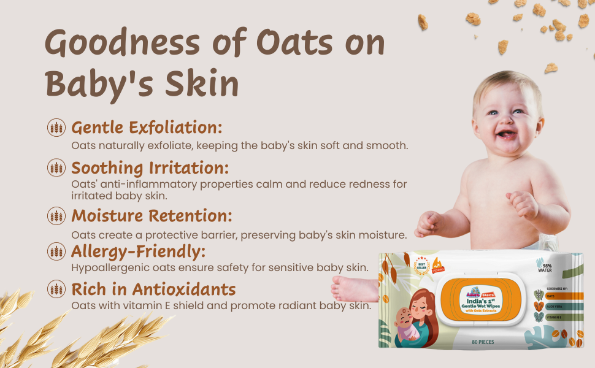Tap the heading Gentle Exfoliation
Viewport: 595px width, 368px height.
147,128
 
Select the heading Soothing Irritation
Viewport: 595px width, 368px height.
150,167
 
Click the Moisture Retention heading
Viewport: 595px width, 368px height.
152,215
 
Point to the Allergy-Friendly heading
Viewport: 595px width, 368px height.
138,251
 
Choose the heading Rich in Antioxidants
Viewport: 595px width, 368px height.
153,289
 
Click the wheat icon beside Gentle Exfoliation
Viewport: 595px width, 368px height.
56,128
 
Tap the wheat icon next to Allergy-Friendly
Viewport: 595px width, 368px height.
56,251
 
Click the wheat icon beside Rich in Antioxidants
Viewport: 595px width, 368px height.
56,289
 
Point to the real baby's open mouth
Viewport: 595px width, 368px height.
506,133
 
